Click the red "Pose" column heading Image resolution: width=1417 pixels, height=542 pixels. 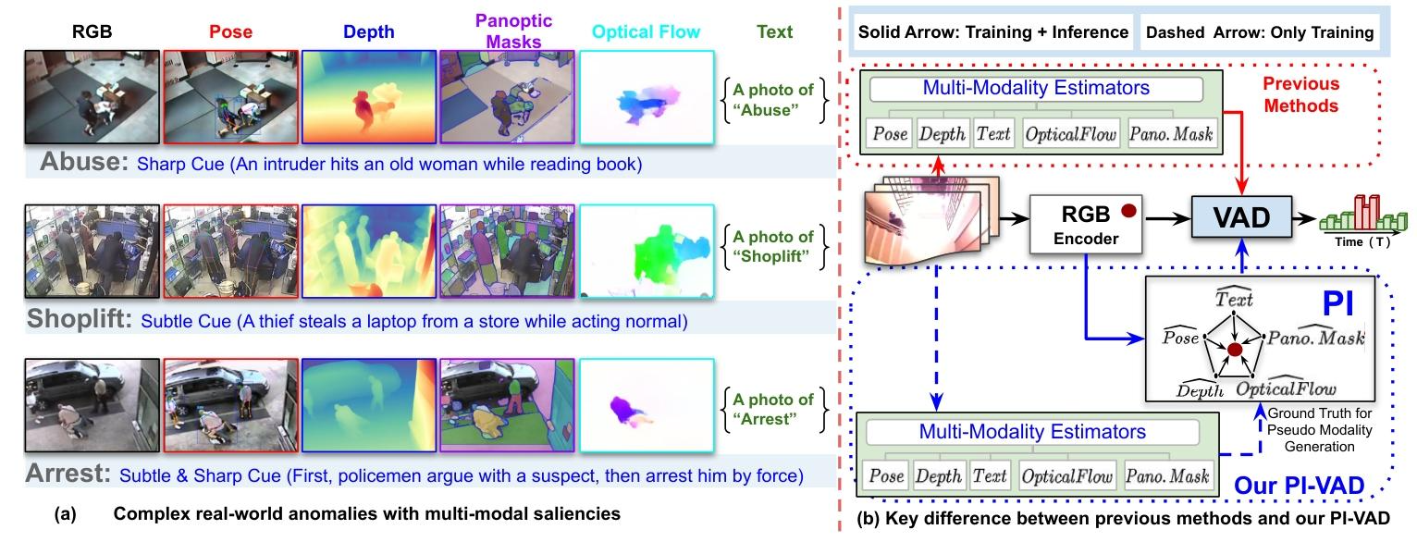click(x=230, y=31)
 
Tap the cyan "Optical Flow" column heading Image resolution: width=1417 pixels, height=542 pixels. click(x=646, y=31)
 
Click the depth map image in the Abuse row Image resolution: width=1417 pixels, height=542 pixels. click(x=369, y=96)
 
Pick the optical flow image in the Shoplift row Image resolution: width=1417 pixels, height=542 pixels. click(x=646, y=251)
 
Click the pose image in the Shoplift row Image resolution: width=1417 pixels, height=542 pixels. click(x=230, y=251)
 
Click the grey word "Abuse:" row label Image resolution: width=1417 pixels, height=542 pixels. click(x=85, y=165)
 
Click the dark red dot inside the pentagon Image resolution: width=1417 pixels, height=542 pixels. click(x=1234, y=350)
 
